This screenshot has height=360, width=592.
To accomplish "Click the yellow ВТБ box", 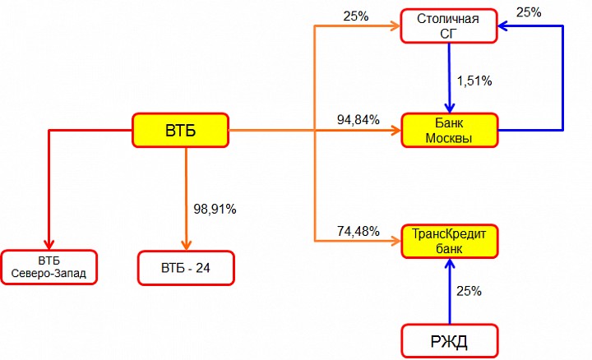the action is coord(180,130).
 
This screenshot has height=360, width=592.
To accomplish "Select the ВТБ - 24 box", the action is coord(186,268).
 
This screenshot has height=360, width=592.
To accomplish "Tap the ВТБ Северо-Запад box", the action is coord(49,267).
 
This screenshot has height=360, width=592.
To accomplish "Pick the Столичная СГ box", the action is coord(449,26).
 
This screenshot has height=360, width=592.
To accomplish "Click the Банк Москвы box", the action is coord(449,130).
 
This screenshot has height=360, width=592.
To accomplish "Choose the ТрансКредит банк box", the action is coord(449,242).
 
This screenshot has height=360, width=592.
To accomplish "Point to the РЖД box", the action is coord(449,341).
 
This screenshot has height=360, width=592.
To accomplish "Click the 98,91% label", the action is coord(215,209).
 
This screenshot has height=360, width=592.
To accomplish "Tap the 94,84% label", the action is coord(358,120).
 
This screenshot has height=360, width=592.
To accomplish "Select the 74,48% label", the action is coord(358,231).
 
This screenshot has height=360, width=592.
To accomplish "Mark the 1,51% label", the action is coord(474,81).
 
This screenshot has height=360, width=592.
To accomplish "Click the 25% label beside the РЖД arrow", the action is coord(469,291).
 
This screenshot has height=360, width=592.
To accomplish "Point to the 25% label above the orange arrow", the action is coord(356,16).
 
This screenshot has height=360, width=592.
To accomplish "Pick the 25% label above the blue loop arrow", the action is coord(529,12).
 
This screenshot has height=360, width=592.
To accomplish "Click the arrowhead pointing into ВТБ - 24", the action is coord(186,245).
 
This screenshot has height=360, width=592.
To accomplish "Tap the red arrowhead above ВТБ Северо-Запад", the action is coord(49,244).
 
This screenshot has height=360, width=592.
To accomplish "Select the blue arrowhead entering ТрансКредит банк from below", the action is coord(449,264).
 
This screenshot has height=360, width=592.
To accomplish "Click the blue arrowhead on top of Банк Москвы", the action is coord(449,108).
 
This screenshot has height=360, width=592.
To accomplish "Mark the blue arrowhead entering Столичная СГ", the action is coord(503,26).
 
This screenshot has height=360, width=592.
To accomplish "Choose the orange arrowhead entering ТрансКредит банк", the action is coord(395,241).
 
